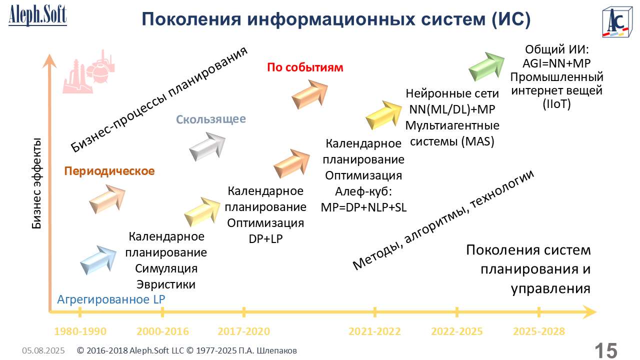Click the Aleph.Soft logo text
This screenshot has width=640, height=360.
[37, 15]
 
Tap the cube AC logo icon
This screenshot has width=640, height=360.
[617, 22]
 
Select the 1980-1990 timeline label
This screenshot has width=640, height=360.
[80, 331]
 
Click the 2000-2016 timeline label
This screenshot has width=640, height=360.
[162, 331]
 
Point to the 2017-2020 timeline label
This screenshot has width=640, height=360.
[243, 331]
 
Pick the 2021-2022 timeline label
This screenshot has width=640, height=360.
[374, 331]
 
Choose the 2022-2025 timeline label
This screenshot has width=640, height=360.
[456, 331]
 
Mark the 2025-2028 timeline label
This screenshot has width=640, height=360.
[539, 331]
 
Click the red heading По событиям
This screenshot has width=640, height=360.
[305, 67]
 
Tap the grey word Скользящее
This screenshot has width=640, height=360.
[211, 119]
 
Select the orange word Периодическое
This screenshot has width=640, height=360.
[109, 171]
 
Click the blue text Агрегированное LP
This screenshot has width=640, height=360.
[111, 299]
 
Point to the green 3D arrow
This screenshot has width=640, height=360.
[487, 66]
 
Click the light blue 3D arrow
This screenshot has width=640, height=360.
[98, 260]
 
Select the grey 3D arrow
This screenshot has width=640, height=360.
[207, 146]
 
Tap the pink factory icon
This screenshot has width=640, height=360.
[88, 71]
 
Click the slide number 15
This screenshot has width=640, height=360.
[606, 350]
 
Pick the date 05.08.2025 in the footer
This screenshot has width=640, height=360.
[43, 350]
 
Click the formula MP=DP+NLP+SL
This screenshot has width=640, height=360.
[363, 207]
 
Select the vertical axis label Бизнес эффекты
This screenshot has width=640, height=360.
[36, 183]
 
